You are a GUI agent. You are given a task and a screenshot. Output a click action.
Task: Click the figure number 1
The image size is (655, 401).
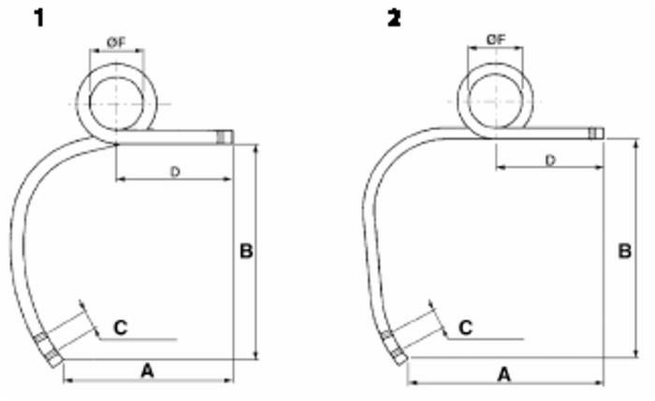pyautogui.click(x=39, y=17)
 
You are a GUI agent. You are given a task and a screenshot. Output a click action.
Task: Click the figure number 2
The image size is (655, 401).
pyautogui.click(x=394, y=17)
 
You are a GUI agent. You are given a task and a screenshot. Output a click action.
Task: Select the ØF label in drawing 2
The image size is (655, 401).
pyautogui.click(x=496, y=38)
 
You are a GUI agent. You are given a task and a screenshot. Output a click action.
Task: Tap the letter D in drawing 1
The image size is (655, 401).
pyautogui.click(x=174, y=171)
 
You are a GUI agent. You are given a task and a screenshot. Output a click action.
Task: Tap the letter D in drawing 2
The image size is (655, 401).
pyautogui.click(x=550, y=160)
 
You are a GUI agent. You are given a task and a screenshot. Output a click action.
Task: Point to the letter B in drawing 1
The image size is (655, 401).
pyautogui.click(x=246, y=251)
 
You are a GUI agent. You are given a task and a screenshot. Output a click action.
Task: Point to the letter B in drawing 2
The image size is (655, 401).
pyautogui.click(x=624, y=251)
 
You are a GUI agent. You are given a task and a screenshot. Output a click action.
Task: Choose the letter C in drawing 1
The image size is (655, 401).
pyautogui.click(x=121, y=327)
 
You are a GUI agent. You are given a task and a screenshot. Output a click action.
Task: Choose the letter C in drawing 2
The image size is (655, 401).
pyautogui.click(x=465, y=327)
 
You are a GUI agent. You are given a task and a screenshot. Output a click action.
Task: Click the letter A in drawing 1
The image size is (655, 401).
pyautogui.click(x=147, y=371)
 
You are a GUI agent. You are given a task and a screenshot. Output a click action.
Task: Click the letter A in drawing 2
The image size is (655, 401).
pyautogui.click(x=503, y=374)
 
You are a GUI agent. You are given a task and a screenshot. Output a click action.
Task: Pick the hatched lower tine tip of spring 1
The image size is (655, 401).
pyautogui.click(x=47, y=349)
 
